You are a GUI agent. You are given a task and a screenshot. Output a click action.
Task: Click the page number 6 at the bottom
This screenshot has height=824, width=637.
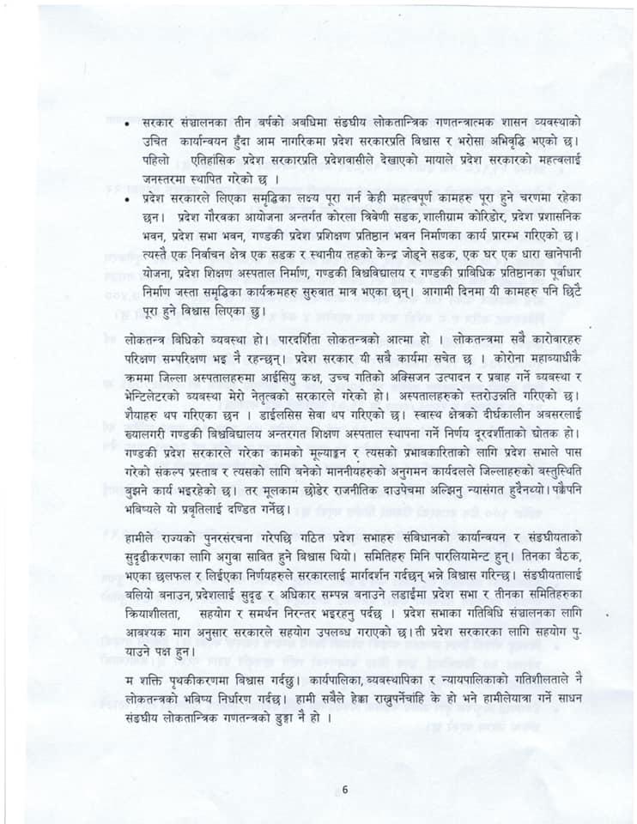click(344, 790)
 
